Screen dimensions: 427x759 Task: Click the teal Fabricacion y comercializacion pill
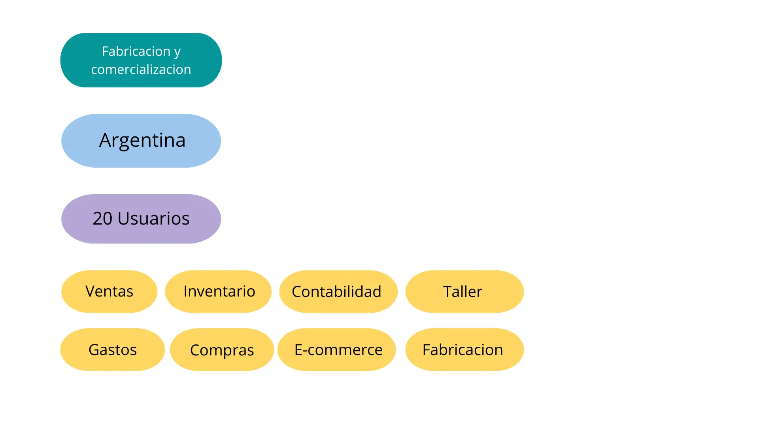tap(141, 60)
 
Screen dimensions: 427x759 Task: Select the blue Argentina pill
tap(141, 141)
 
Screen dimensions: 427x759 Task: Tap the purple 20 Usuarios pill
tap(141, 219)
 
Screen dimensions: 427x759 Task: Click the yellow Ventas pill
tap(109, 291)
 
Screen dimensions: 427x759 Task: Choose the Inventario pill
tap(218, 291)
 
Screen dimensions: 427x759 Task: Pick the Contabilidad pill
tap(338, 291)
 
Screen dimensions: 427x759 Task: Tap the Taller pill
tap(464, 291)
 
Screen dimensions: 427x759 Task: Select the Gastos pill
tap(112, 350)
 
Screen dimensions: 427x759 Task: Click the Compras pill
tap(222, 350)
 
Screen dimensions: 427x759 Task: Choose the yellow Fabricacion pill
tap(464, 350)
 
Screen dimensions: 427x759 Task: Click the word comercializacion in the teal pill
tap(141, 70)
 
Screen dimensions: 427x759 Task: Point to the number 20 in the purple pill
tap(102, 219)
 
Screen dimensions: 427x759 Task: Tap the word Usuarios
tap(153, 219)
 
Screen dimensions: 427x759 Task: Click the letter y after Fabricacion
tap(177, 52)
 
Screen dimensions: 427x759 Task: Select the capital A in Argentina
tap(105, 140)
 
